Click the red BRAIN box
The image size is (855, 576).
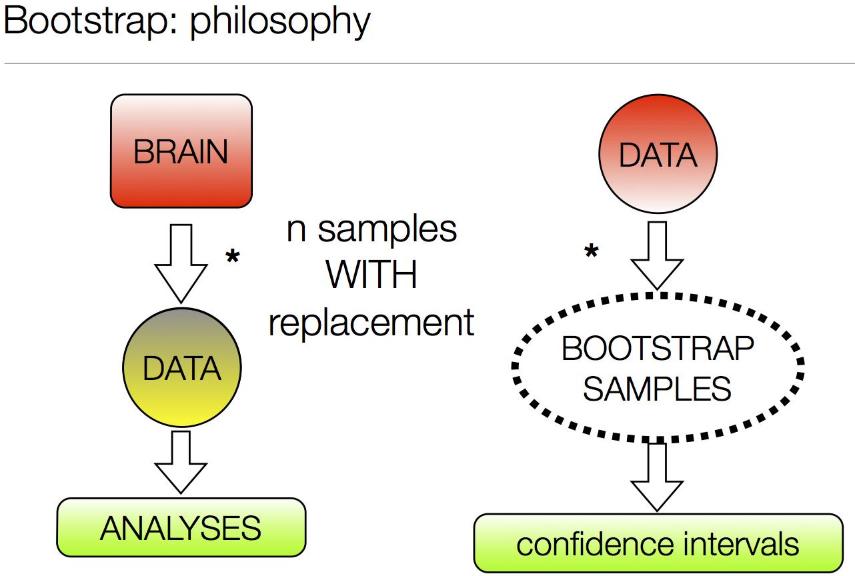pos(181,151)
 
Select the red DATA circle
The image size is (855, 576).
pos(658,155)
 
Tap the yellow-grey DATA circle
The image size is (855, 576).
pos(181,368)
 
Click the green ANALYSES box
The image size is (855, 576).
pos(181,528)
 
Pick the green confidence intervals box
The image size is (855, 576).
pos(658,543)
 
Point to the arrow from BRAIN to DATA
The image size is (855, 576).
pos(181,263)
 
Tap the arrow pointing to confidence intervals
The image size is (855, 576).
pos(658,477)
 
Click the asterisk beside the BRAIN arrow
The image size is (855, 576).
pos(232,258)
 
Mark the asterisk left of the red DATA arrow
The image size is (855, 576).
pos(591,253)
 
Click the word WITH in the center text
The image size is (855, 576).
pos(371,275)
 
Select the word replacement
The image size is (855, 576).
pos(371,323)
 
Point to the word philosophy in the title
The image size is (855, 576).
pos(279,21)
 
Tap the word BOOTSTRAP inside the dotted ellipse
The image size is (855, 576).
pos(658,349)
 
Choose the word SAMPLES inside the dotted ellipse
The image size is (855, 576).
pos(658,389)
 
